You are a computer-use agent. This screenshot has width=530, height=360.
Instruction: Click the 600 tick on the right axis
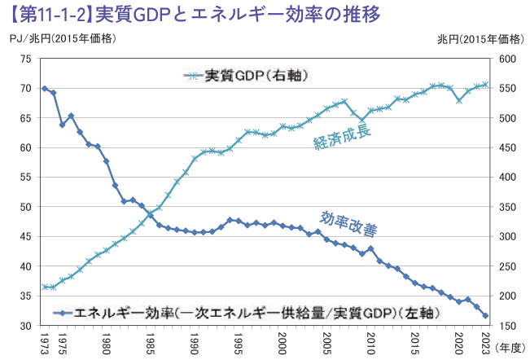(508, 59)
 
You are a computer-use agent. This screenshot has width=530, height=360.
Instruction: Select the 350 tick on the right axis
(508, 207)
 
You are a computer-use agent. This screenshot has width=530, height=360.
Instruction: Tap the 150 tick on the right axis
(508, 326)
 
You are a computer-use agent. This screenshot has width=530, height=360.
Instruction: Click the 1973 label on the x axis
(44, 341)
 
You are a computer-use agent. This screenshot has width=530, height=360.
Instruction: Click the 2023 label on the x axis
(485, 341)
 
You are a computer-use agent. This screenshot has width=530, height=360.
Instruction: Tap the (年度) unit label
(510, 345)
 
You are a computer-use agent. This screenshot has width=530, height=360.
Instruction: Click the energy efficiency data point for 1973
(44, 88)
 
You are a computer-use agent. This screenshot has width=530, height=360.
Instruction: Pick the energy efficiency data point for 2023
(485, 316)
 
